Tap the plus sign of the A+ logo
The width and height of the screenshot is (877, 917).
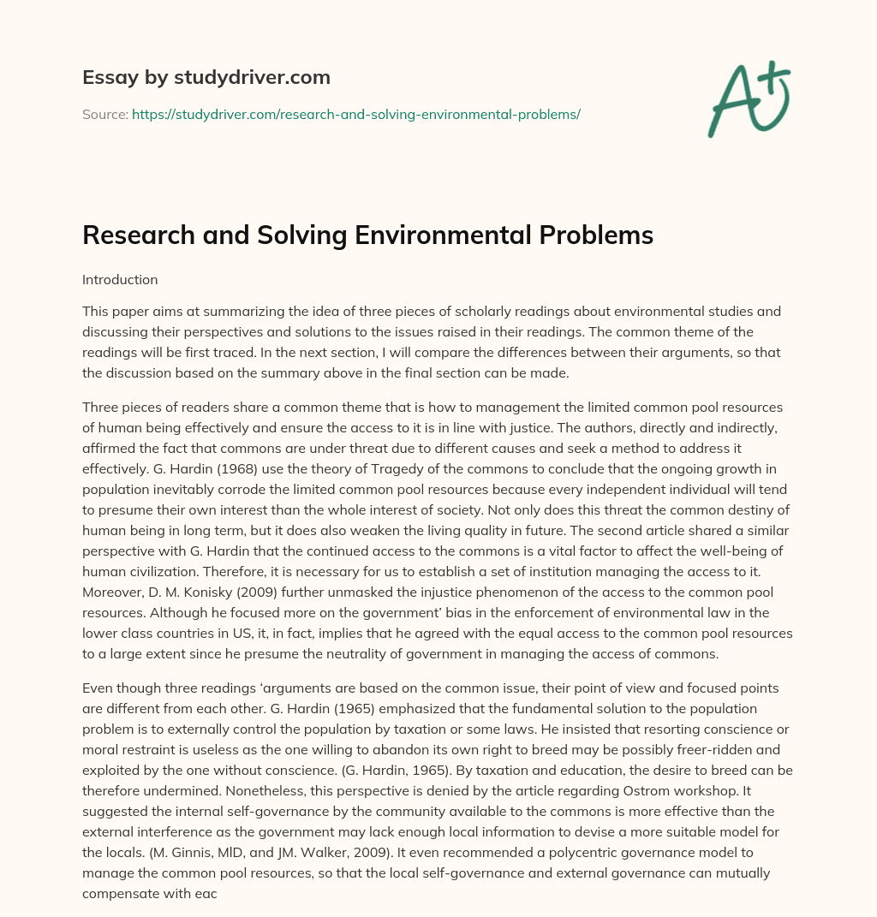point(773,74)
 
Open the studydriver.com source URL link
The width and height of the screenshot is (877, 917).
point(356,114)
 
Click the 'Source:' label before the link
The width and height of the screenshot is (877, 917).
point(104,114)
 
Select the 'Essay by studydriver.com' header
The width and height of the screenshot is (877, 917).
point(206,77)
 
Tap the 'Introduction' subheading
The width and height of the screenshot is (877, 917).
point(120,279)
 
